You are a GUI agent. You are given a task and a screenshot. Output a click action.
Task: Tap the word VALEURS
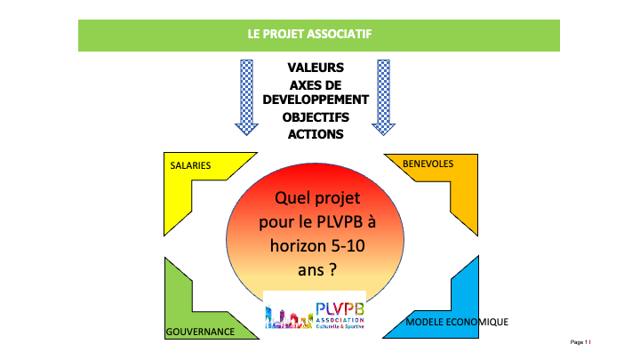[x=316, y=68]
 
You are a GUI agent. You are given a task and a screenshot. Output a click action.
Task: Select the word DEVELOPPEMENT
[x=316, y=100]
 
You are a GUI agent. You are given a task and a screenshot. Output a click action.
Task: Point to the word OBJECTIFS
[x=316, y=117]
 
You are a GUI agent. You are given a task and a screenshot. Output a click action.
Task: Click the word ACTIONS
[x=316, y=134]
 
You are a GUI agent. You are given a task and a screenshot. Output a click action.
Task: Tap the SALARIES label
[x=190, y=165]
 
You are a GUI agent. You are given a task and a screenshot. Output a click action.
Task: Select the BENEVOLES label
[x=428, y=164]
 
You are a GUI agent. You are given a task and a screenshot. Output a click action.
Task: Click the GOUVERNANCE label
[x=200, y=332]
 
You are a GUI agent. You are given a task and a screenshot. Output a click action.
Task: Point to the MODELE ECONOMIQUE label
[x=457, y=321]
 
